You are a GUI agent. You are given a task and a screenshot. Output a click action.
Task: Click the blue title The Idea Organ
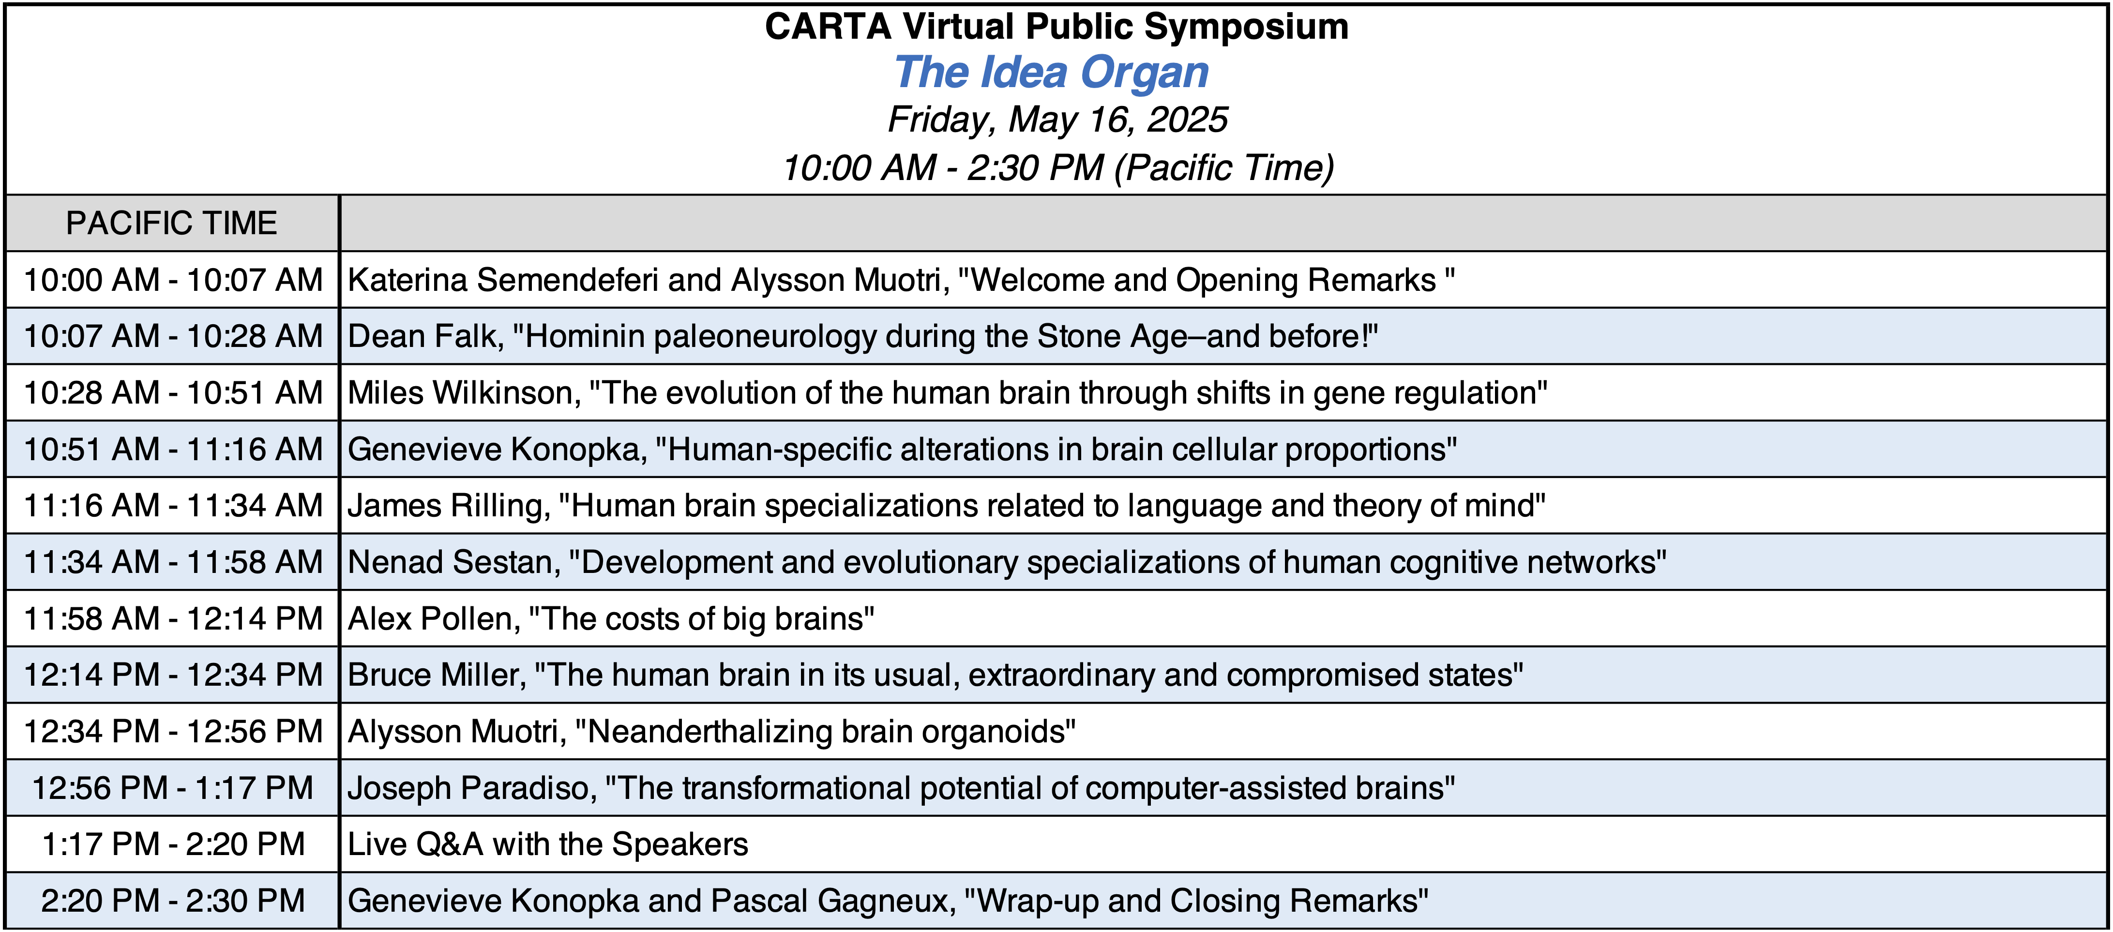click(1052, 72)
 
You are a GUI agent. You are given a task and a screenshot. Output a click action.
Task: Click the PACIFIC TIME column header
click(171, 223)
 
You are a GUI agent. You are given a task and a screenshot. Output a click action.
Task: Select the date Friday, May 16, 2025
click(1057, 120)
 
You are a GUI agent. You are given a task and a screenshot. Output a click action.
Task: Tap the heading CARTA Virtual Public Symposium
click(1056, 27)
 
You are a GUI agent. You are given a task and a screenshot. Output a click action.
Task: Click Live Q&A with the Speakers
click(548, 845)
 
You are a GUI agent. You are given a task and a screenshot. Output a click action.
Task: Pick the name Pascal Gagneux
click(832, 902)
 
